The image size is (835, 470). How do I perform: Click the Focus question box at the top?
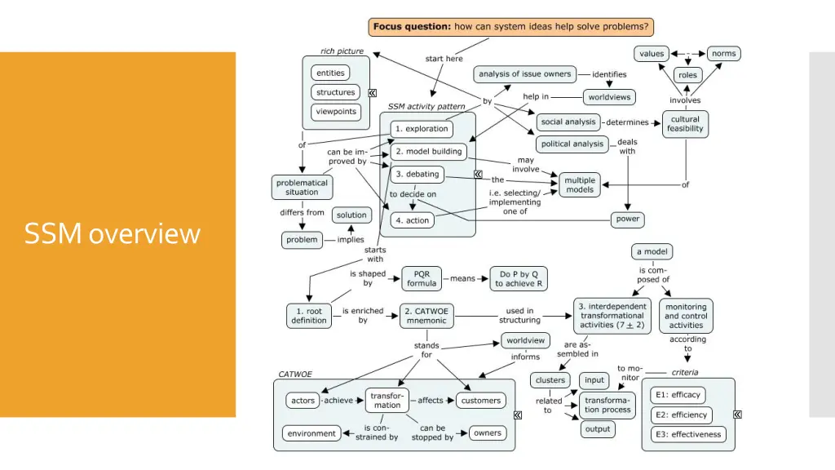pyautogui.click(x=511, y=27)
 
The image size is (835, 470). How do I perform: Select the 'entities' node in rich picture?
pyautogui.click(x=330, y=73)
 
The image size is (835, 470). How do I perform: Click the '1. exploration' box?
pyautogui.click(x=421, y=129)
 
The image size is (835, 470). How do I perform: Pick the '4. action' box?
pyautogui.click(x=412, y=220)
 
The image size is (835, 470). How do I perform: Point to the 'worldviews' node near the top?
pyautogui.click(x=609, y=97)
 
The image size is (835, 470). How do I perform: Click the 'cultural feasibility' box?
pyautogui.click(x=685, y=124)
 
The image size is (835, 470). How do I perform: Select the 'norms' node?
pyautogui.click(x=723, y=54)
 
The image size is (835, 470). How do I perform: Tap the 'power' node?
pyautogui.click(x=628, y=219)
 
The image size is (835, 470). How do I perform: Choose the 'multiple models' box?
pyautogui.click(x=580, y=184)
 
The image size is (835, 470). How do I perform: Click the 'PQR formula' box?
pyautogui.click(x=422, y=279)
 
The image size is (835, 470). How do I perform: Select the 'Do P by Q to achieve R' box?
pyautogui.click(x=519, y=279)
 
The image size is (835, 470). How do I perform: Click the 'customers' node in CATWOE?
pyautogui.click(x=481, y=401)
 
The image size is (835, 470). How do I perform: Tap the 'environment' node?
pyautogui.click(x=311, y=434)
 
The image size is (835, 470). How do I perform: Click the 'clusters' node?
pyautogui.click(x=550, y=380)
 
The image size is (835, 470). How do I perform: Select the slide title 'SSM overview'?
pyautogui.click(x=112, y=234)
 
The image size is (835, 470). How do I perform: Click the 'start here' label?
pyautogui.click(x=444, y=59)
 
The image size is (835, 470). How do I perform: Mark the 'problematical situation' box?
pyautogui.click(x=302, y=188)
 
